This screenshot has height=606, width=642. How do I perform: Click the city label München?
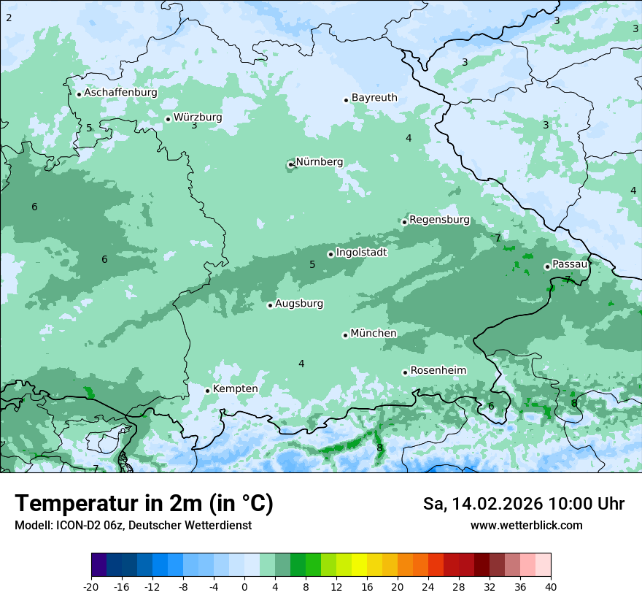373,334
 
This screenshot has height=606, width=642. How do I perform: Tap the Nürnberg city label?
319,162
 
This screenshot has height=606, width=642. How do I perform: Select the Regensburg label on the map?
439,220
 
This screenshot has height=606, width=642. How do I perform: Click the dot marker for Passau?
547,266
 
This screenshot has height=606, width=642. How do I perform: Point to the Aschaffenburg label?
120,93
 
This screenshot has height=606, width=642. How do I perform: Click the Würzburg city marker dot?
168,119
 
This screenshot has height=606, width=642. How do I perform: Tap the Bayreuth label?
374,98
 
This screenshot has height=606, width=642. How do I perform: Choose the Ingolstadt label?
361,253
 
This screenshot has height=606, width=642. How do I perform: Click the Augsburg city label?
298,304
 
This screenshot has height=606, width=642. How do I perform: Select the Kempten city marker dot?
207,391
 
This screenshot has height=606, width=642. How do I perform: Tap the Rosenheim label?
438,371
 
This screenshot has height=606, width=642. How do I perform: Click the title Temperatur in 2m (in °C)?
144,504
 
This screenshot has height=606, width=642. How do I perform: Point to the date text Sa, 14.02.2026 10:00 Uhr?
523,504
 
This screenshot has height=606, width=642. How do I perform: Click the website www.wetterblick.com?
526,526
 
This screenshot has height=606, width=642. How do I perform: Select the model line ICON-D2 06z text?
133,526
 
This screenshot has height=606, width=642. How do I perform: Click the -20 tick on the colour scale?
91,586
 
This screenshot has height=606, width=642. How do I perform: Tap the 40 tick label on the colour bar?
551,586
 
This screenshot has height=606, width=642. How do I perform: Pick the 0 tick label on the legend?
244,586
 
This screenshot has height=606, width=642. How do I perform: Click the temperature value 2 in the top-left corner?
9,17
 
